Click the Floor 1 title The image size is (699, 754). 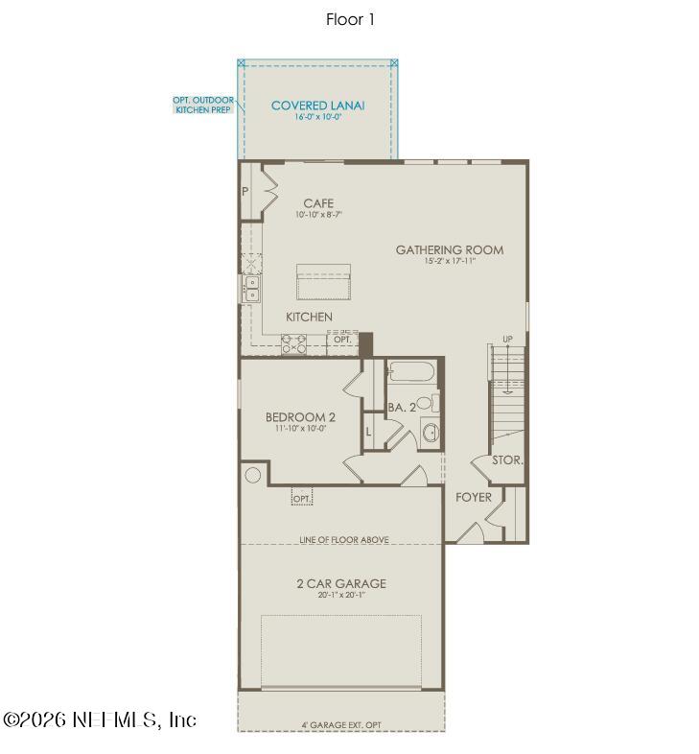click(x=349, y=19)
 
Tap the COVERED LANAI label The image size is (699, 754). click(x=317, y=106)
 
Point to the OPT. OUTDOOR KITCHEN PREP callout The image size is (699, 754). click(x=202, y=105)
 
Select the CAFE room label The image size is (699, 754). click(x=318, y=203)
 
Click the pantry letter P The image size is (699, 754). click(x=245, y=192)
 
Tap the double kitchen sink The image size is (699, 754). click(x=251, y=288)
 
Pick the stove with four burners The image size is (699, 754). click(x=293, y=343)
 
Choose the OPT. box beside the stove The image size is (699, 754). click(x=342, y=340)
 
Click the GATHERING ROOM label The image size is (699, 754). click(x=449, y=250)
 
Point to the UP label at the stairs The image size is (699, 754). click(x=508, y=340)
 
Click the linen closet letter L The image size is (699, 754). click(x=369, y=433)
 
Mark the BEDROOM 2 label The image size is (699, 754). click(x=300, y=417)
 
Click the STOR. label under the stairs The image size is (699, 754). click(x=507, y=460)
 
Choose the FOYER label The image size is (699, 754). click(x=473, y=497)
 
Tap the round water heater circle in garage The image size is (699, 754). click(x=253, y=474)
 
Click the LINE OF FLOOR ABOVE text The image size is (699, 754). click(x=342, y=540)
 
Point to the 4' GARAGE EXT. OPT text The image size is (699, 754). click(x=341, y=725)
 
